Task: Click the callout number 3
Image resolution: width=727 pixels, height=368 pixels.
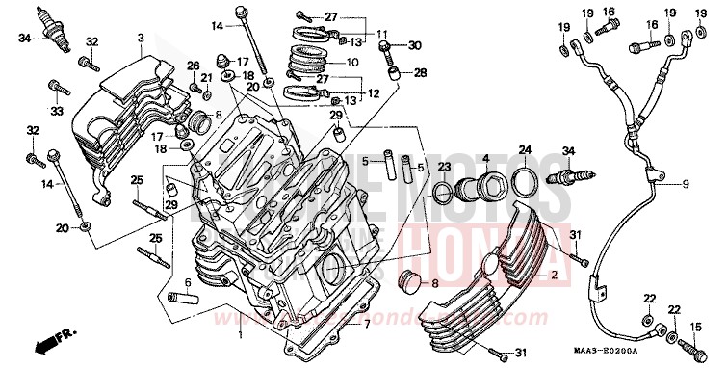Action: tap(140, 38)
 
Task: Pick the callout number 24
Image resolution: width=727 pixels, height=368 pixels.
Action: tap(525, 150)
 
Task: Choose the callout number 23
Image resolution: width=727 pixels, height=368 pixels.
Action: tap(444, 167)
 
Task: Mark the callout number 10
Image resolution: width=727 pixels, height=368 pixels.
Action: tap(351, 62)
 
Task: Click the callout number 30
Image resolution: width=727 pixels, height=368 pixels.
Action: tap(415, 45)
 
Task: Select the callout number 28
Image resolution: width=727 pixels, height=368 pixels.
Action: tap(420, 72)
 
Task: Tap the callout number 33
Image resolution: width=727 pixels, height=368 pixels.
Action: tap(56, 110)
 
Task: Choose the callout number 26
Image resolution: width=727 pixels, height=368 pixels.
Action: tap(193, 66)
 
